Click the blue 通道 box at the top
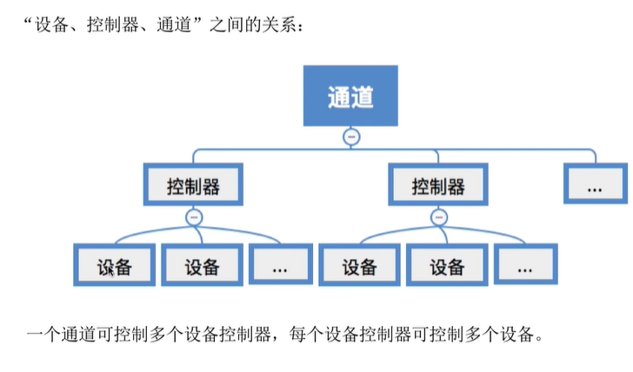351,96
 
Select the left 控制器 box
193,185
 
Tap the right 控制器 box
438,185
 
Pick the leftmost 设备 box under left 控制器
115,267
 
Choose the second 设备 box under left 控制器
202,267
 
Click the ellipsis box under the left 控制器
280,267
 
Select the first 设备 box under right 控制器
359,267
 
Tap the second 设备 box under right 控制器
447,267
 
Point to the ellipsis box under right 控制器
525,267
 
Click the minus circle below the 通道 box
351,137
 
